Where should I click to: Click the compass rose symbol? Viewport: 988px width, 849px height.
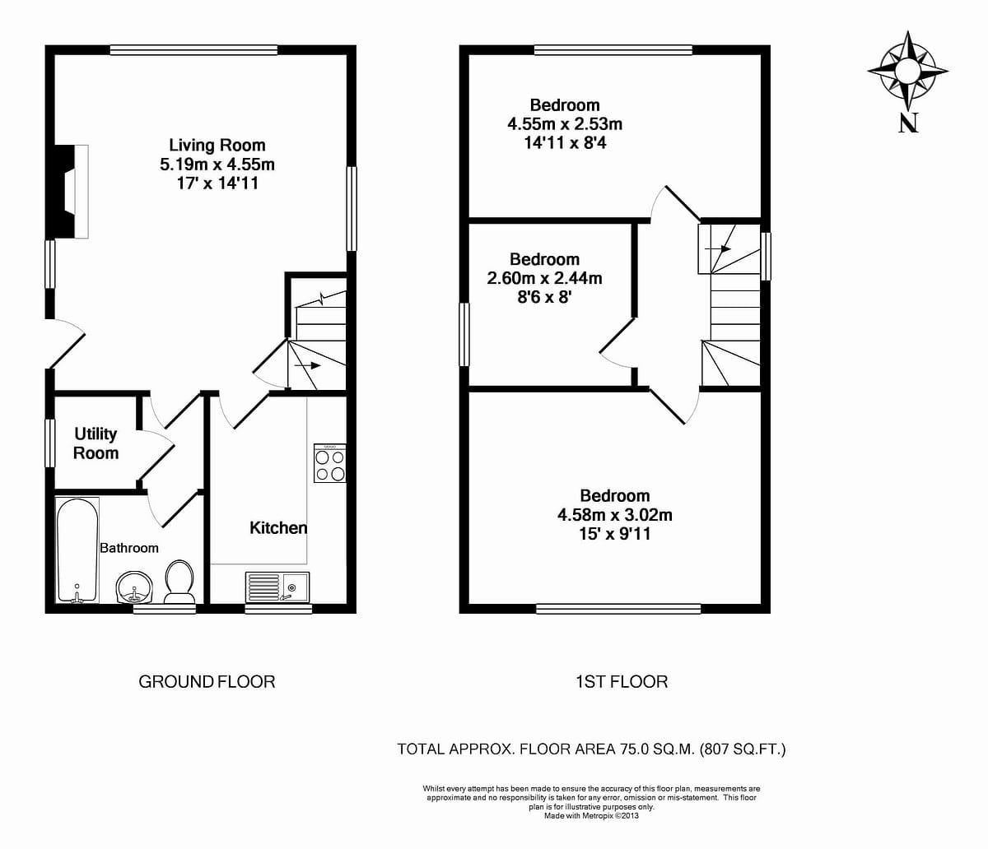click(x=907, y=71)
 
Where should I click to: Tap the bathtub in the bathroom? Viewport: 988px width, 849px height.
click(x=77, y=550)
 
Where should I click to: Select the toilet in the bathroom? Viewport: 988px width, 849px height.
click(x=179, y=580)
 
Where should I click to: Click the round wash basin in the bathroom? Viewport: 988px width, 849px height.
click(x=133, y=587)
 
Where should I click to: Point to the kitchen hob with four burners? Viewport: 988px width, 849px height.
click(x=330, y=464)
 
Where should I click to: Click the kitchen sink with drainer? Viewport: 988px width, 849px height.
click(x=277, y=587)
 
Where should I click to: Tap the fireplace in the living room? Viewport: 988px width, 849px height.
click(x=71, y=191)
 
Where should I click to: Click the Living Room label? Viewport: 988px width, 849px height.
click(x=217, y=146)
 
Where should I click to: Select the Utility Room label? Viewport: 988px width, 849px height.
click(x=96, y=443)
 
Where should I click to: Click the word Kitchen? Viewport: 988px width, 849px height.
click(x=278, y=528)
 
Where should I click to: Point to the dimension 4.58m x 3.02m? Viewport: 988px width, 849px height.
click(x=615, y=515)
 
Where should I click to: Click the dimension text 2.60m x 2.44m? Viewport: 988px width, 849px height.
click(x=544, y=278)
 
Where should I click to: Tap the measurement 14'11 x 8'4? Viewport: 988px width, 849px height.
click(x=565, y=143)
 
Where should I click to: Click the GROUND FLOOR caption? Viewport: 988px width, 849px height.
click(x=207, y=681)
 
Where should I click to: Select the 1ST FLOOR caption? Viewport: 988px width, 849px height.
click(x=621, y=681)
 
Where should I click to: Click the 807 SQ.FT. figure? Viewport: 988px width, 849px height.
click(x=743, y=749)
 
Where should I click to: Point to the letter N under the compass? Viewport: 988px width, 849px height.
click(x=908, y=123)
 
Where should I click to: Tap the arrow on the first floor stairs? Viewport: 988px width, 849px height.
click(x=719, y=248)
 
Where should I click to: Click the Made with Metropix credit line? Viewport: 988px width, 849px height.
click(x=590, y=816)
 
